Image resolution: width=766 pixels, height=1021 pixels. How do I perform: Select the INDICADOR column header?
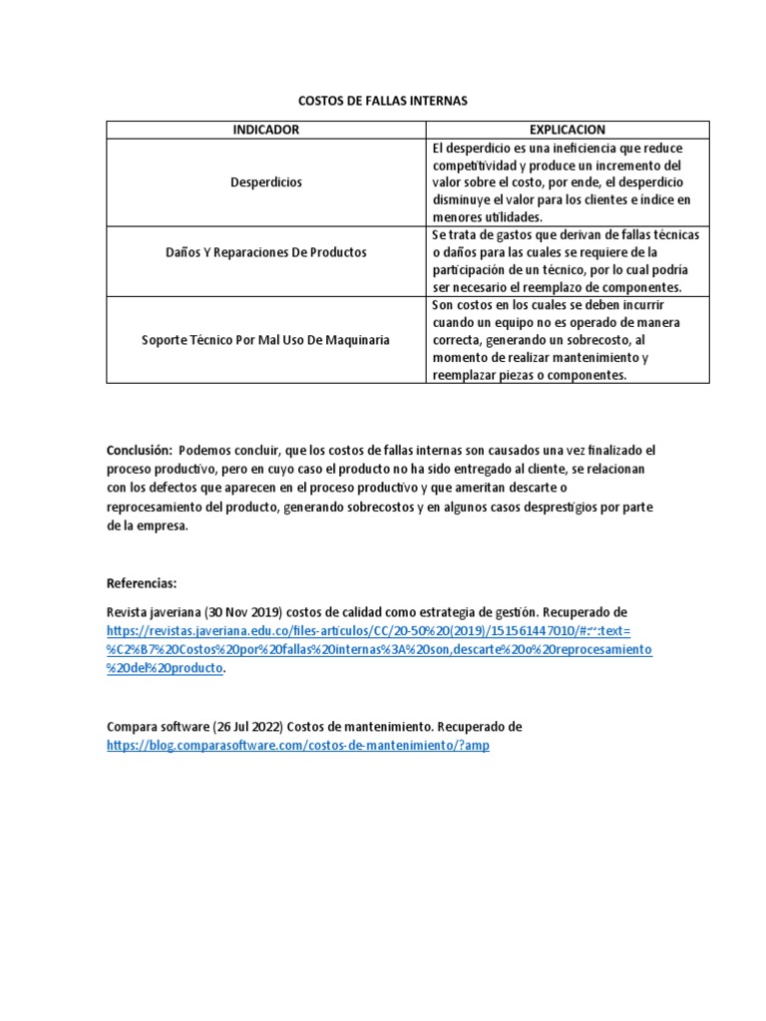click(266, 130)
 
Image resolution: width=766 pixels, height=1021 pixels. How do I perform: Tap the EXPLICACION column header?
click(567, 130)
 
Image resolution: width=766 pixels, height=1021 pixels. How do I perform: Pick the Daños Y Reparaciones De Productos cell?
click(266, 252)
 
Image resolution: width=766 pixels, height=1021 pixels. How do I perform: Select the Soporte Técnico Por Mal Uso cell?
click(266, 340)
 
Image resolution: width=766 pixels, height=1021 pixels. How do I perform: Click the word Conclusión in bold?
click(139, 451)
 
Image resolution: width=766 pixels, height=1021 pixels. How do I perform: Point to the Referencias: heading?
click(141, 584)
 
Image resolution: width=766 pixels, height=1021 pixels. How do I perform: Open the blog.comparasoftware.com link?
click(298, 745)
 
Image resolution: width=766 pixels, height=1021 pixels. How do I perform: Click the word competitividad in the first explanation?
click(476, 166)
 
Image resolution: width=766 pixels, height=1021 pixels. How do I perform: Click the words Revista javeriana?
click(152, 611)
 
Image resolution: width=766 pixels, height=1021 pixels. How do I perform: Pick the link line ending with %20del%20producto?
click(165, 668)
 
